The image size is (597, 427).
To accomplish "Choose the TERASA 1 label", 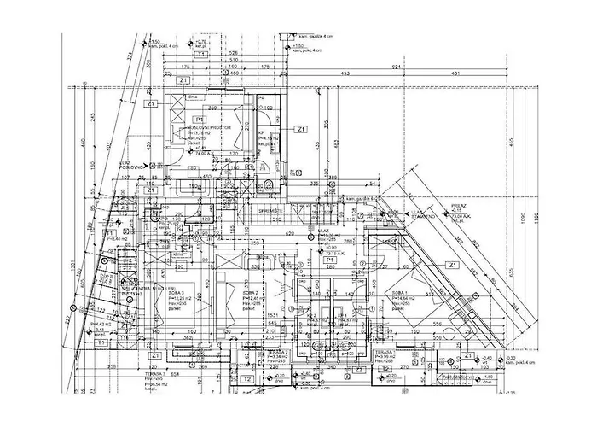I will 382,351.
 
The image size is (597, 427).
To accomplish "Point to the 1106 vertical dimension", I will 536,220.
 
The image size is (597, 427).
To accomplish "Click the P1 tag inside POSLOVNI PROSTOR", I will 199,119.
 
